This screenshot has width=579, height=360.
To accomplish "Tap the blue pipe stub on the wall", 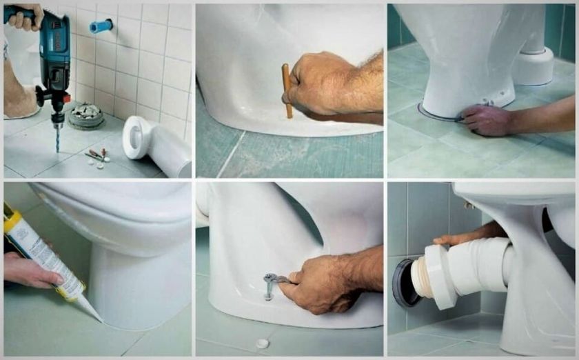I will [101, 27].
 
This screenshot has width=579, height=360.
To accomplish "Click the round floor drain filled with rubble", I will [86, 114].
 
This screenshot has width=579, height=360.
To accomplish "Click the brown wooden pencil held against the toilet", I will [287, 90].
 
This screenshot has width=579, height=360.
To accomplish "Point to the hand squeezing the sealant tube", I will [31, 270].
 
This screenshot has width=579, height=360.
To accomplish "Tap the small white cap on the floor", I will [262, 343].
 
